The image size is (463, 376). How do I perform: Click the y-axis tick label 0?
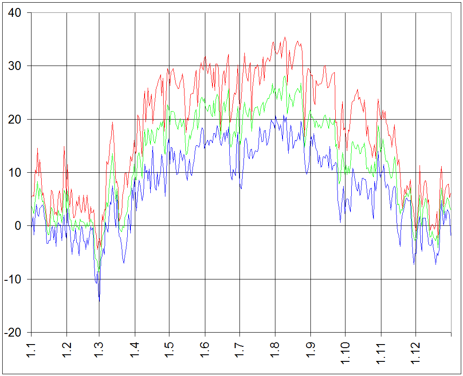pos(18,226)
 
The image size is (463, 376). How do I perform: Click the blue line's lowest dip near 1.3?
pos(99,301)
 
